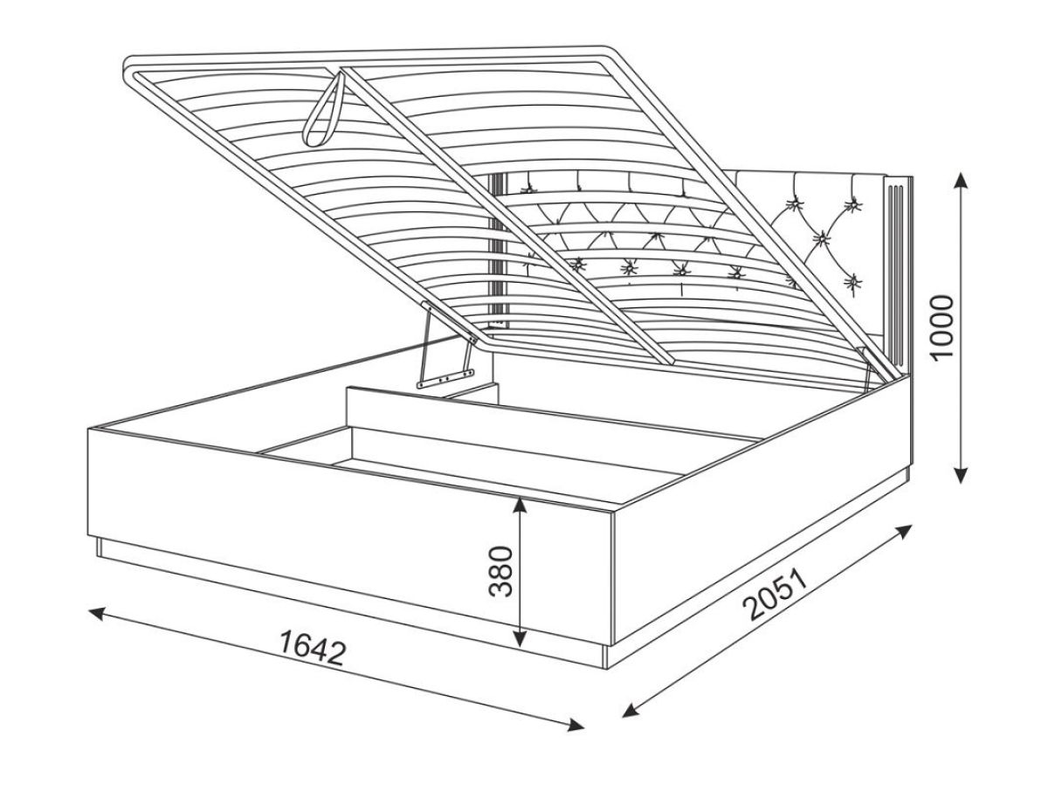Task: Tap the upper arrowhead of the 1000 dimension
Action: click(x=962, y=182)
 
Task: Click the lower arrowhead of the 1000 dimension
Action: click(x=960, y=475)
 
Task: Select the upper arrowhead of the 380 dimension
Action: click(x=520, y=506)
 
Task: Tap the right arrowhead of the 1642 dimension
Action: click(x=575, y=738)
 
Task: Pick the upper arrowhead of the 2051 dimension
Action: click(x=903, y=531)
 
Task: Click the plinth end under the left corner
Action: click(x=100, y=547)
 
